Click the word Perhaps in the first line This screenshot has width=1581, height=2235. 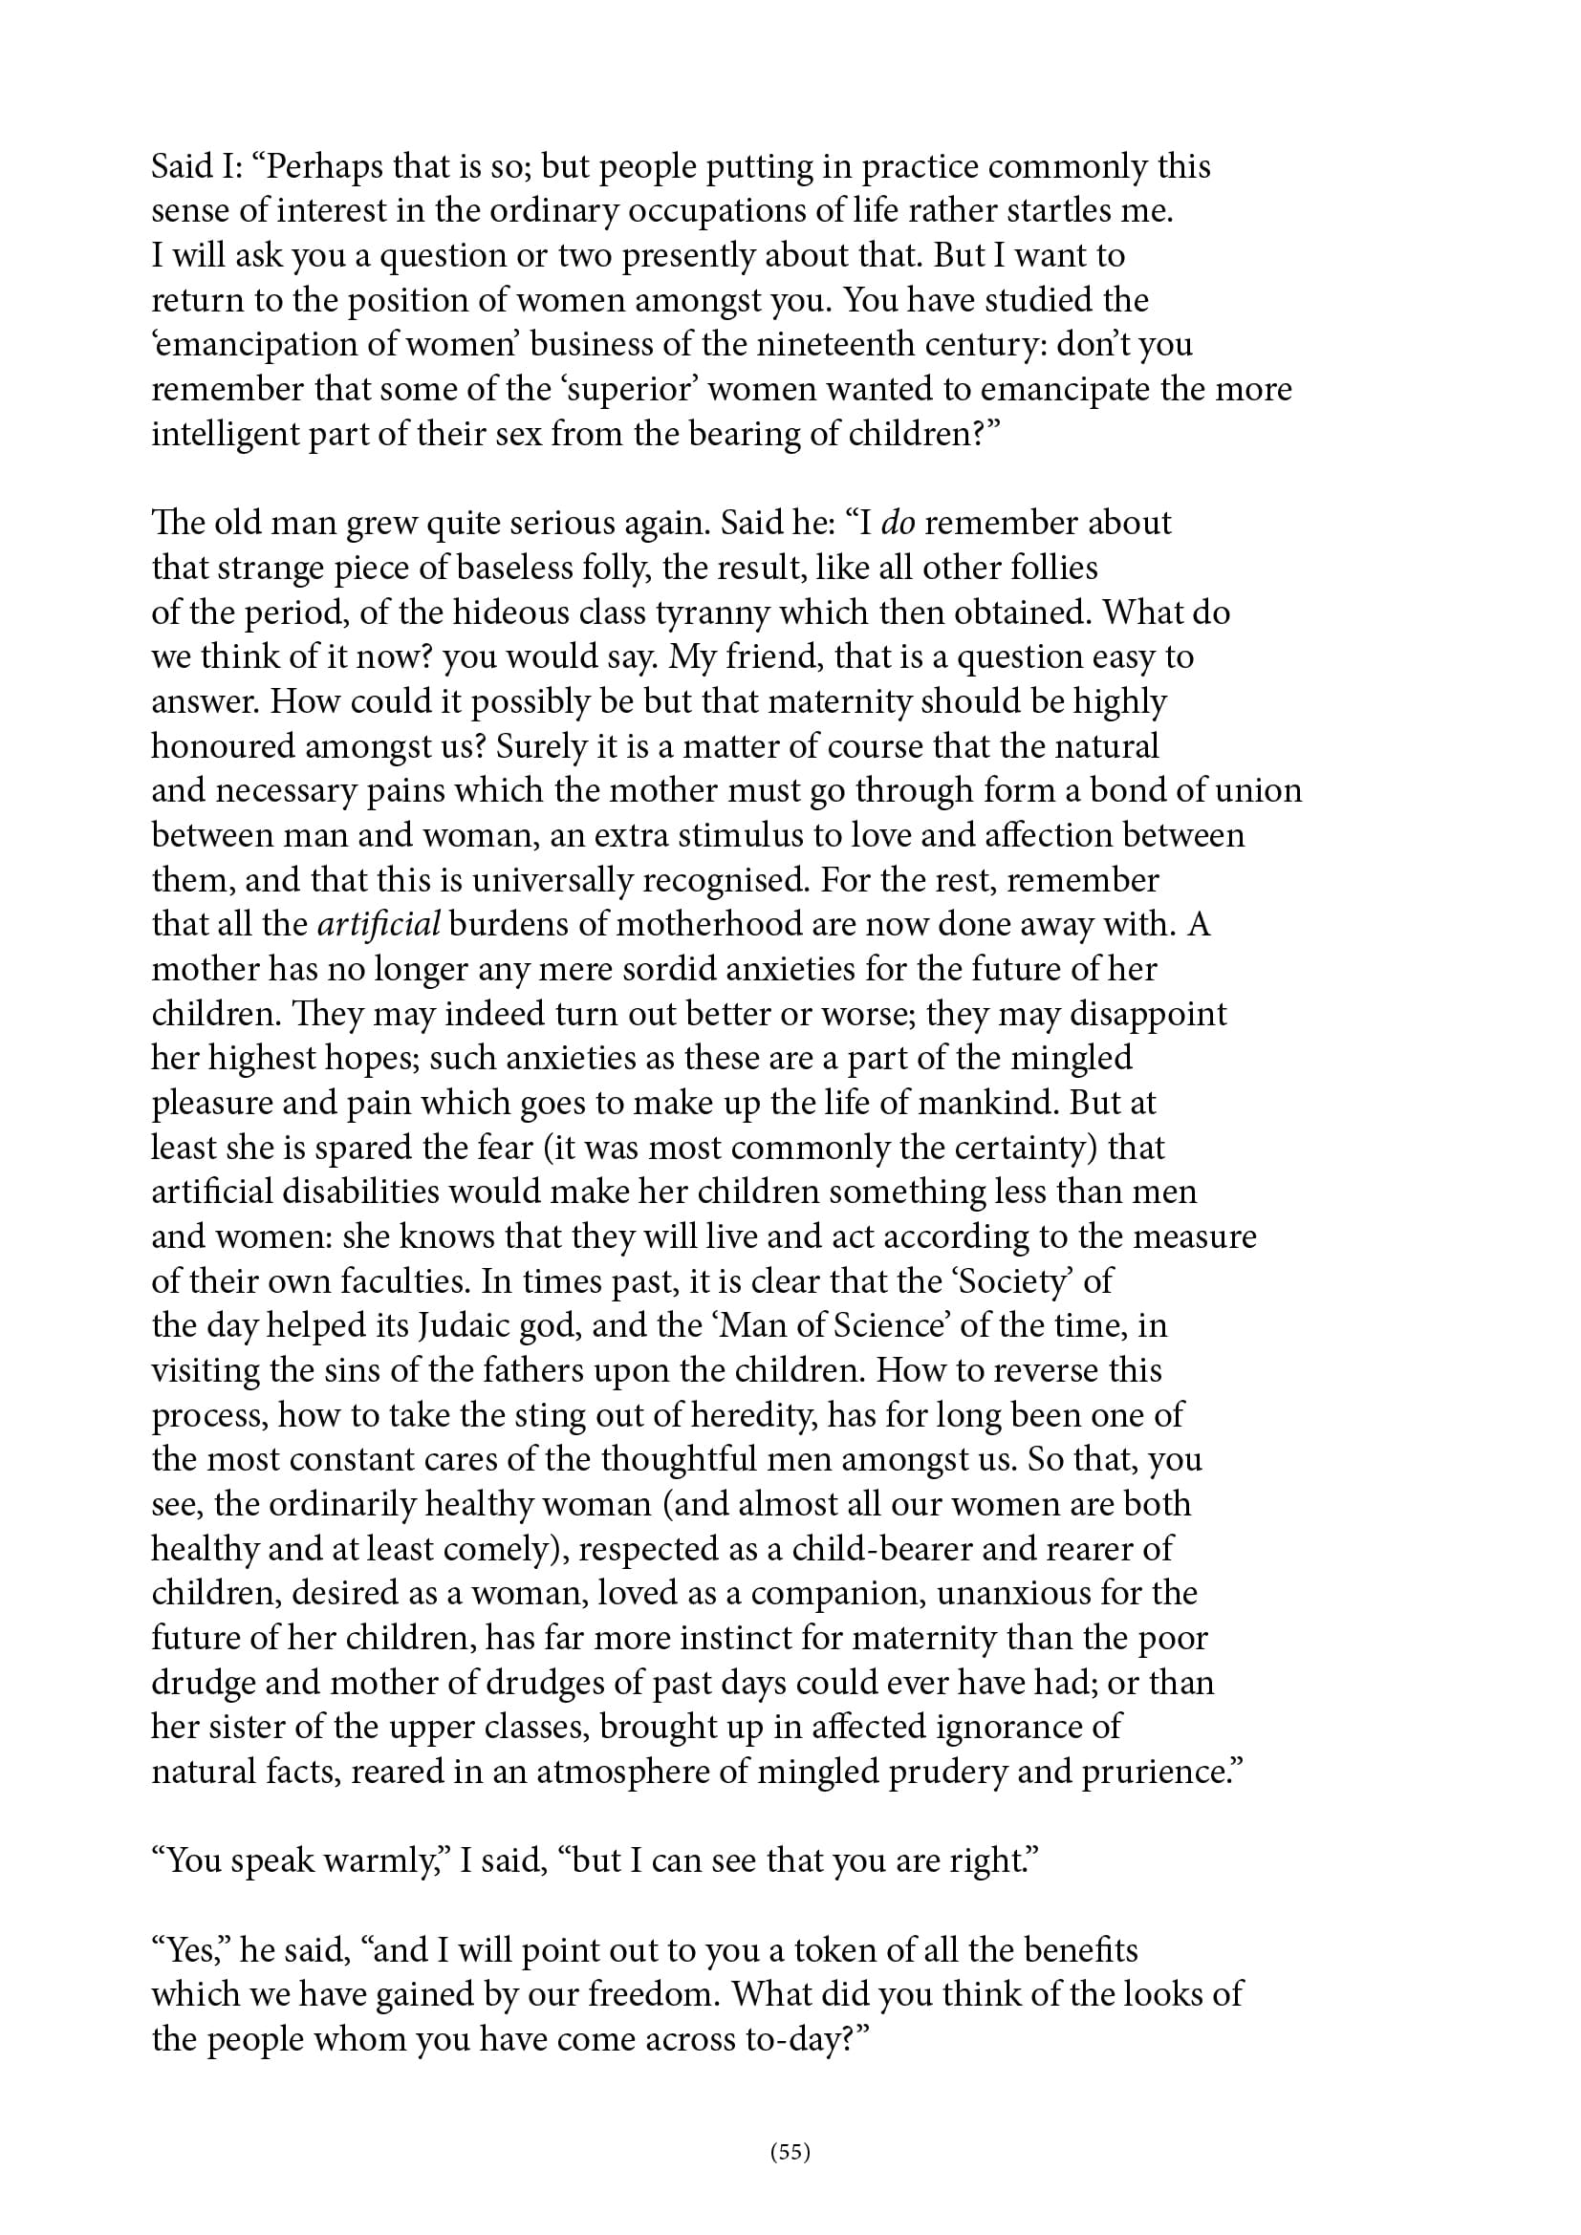pyautogui.click(x=323, y=167)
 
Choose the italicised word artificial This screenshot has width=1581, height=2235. pyautogui.click(x=379, y=925)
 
